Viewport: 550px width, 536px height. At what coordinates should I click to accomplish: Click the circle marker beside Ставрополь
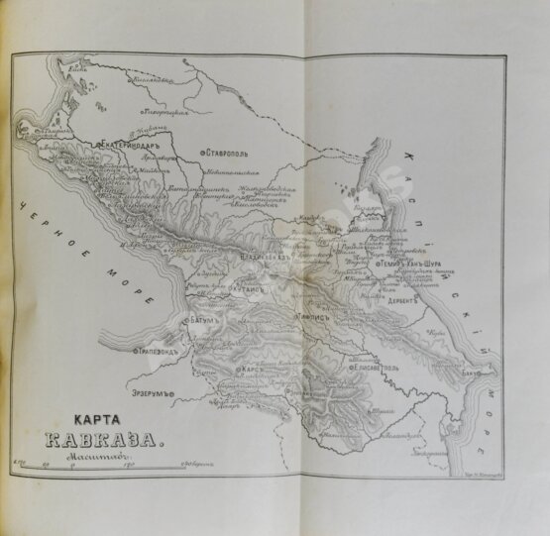[201, 153]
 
